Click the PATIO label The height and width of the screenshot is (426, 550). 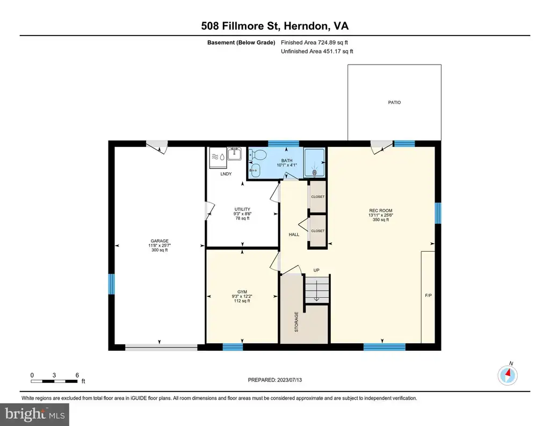pos(394,102)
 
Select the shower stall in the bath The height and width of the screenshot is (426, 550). pos(315,162)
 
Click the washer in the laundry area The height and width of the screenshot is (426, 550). pos(218,157)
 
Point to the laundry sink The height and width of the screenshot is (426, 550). pos(234,154)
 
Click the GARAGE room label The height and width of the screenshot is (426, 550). pos(160,241)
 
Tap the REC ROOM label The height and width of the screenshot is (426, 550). pos(381,211)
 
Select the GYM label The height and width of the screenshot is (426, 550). pos(242,292)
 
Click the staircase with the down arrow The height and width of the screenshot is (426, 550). pos(317,289)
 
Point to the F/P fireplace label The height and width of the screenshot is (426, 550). pos(428,296)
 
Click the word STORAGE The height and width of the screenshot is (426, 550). pos(296,322)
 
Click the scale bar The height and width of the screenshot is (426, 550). pos(54,381)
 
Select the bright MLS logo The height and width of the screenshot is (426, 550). pos(34,414)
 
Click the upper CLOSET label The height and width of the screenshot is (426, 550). pos(318,197)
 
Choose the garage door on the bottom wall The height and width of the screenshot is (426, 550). pos(161,347)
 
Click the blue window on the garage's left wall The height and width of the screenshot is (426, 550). pos(111,284)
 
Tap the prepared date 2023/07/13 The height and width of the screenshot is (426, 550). pos(290,380)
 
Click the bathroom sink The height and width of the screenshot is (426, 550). pos(256,171)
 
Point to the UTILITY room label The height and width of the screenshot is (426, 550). pos(242,209)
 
